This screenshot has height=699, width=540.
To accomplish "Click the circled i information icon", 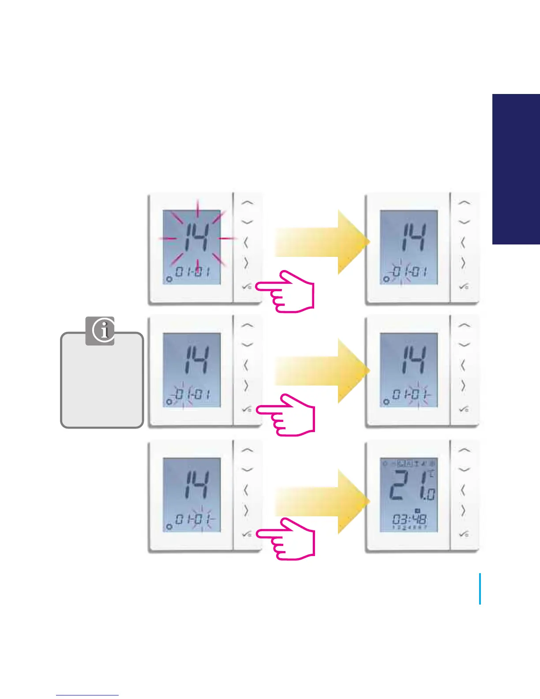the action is [100, 331].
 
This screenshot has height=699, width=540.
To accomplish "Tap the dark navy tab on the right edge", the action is [516, 169].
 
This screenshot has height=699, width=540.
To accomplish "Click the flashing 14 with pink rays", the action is [192, 238].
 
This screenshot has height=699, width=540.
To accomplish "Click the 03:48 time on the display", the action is [409, 519].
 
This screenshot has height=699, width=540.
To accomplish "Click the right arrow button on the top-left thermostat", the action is [247, 263].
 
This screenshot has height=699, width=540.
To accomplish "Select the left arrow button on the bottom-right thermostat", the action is [463, 490].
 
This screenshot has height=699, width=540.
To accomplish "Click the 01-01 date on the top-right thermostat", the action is [409, 272].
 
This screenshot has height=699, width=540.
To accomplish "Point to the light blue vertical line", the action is [480, 589].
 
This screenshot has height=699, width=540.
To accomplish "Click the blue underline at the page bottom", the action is [87, 695].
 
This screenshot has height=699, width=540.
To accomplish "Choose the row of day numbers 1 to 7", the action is [409, 528].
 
